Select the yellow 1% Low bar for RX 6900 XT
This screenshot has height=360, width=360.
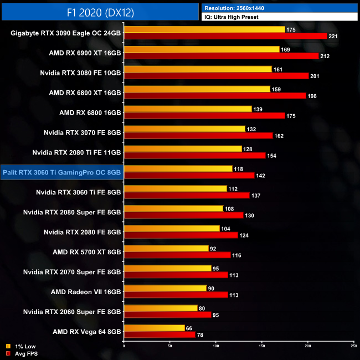pyautogui.click(x=202, y=49)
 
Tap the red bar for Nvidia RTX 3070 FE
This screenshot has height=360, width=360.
pyautogui.click(x=198, y=136)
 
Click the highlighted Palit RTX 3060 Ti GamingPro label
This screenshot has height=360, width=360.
pyautogui.click(x=61, y=172)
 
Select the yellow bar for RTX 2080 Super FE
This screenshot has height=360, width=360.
pyautogui.click(x=173, y=209)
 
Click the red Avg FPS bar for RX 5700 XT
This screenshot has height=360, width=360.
pyautogui.click(x=177, y=255)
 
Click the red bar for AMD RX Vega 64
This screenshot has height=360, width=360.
pyautogui.click(x=160, y=335)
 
